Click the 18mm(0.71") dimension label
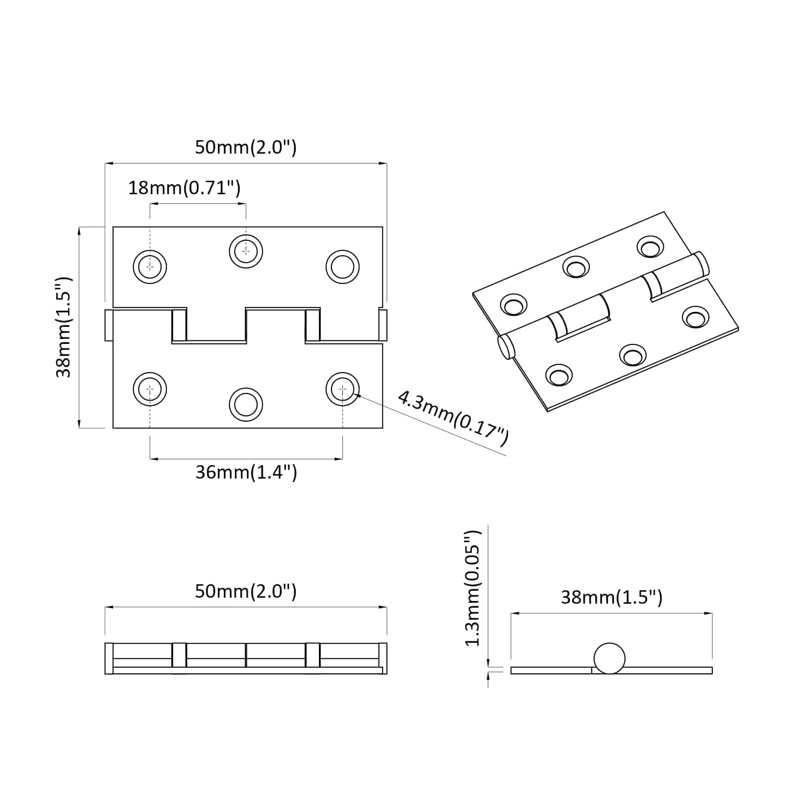[x=184, y=188]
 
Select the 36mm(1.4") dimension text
[x=246, y=472]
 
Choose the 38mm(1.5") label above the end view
[x=611, y=597]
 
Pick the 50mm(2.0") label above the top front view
[x=245, y=147]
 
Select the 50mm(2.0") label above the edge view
[x=245, y=591]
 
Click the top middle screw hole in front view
[x=246, y=250]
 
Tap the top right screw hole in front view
[x=342, y=266]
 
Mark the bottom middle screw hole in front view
[x=246, y=404]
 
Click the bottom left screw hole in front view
[x=150, y=389]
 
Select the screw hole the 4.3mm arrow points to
[x=342, y=389]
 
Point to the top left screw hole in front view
[x=150, y=266]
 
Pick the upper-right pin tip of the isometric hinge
[x=701, y=264]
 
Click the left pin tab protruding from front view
[x=109, y=325]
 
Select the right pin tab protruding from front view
[x=383, y=325]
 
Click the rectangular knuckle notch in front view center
[x=216, y=325]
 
